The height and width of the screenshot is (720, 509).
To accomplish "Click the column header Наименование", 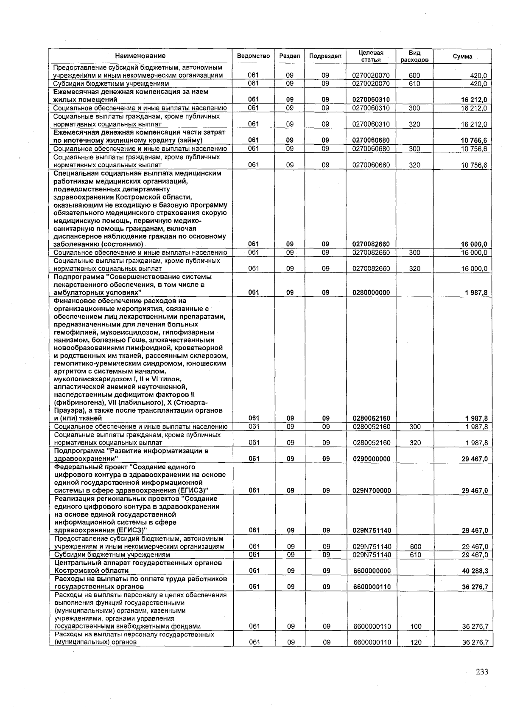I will pyautogui.click(x=140, y=56).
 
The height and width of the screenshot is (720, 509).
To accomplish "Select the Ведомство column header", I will pyautogui.click(x=253, y=56).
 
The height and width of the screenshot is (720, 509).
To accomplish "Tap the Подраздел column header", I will pyautogui.click(x=325, y=56).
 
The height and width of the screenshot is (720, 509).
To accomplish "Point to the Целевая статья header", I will pyautogui.click(x=371, y=56).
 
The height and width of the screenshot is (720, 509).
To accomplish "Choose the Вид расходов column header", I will pyautogui.click(x=414, y=56).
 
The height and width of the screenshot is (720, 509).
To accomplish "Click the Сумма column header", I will pyautogui.click(x=462, y=56).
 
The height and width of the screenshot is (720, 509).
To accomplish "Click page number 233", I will pyautogui.click(x=482, y=672).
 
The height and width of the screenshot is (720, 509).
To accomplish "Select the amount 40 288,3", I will pyautogui.click(x=475, y=571).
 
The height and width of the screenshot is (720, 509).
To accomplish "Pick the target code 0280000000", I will pyautogui.click(x=371, y=292).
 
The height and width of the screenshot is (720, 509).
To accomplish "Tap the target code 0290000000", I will pyautogui.click(x=372, y=459).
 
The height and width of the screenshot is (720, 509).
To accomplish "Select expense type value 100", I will pyautogui.click(x=416, y=627).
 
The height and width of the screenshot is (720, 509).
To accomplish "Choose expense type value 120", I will pyautogui.click(x=416, y=642).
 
